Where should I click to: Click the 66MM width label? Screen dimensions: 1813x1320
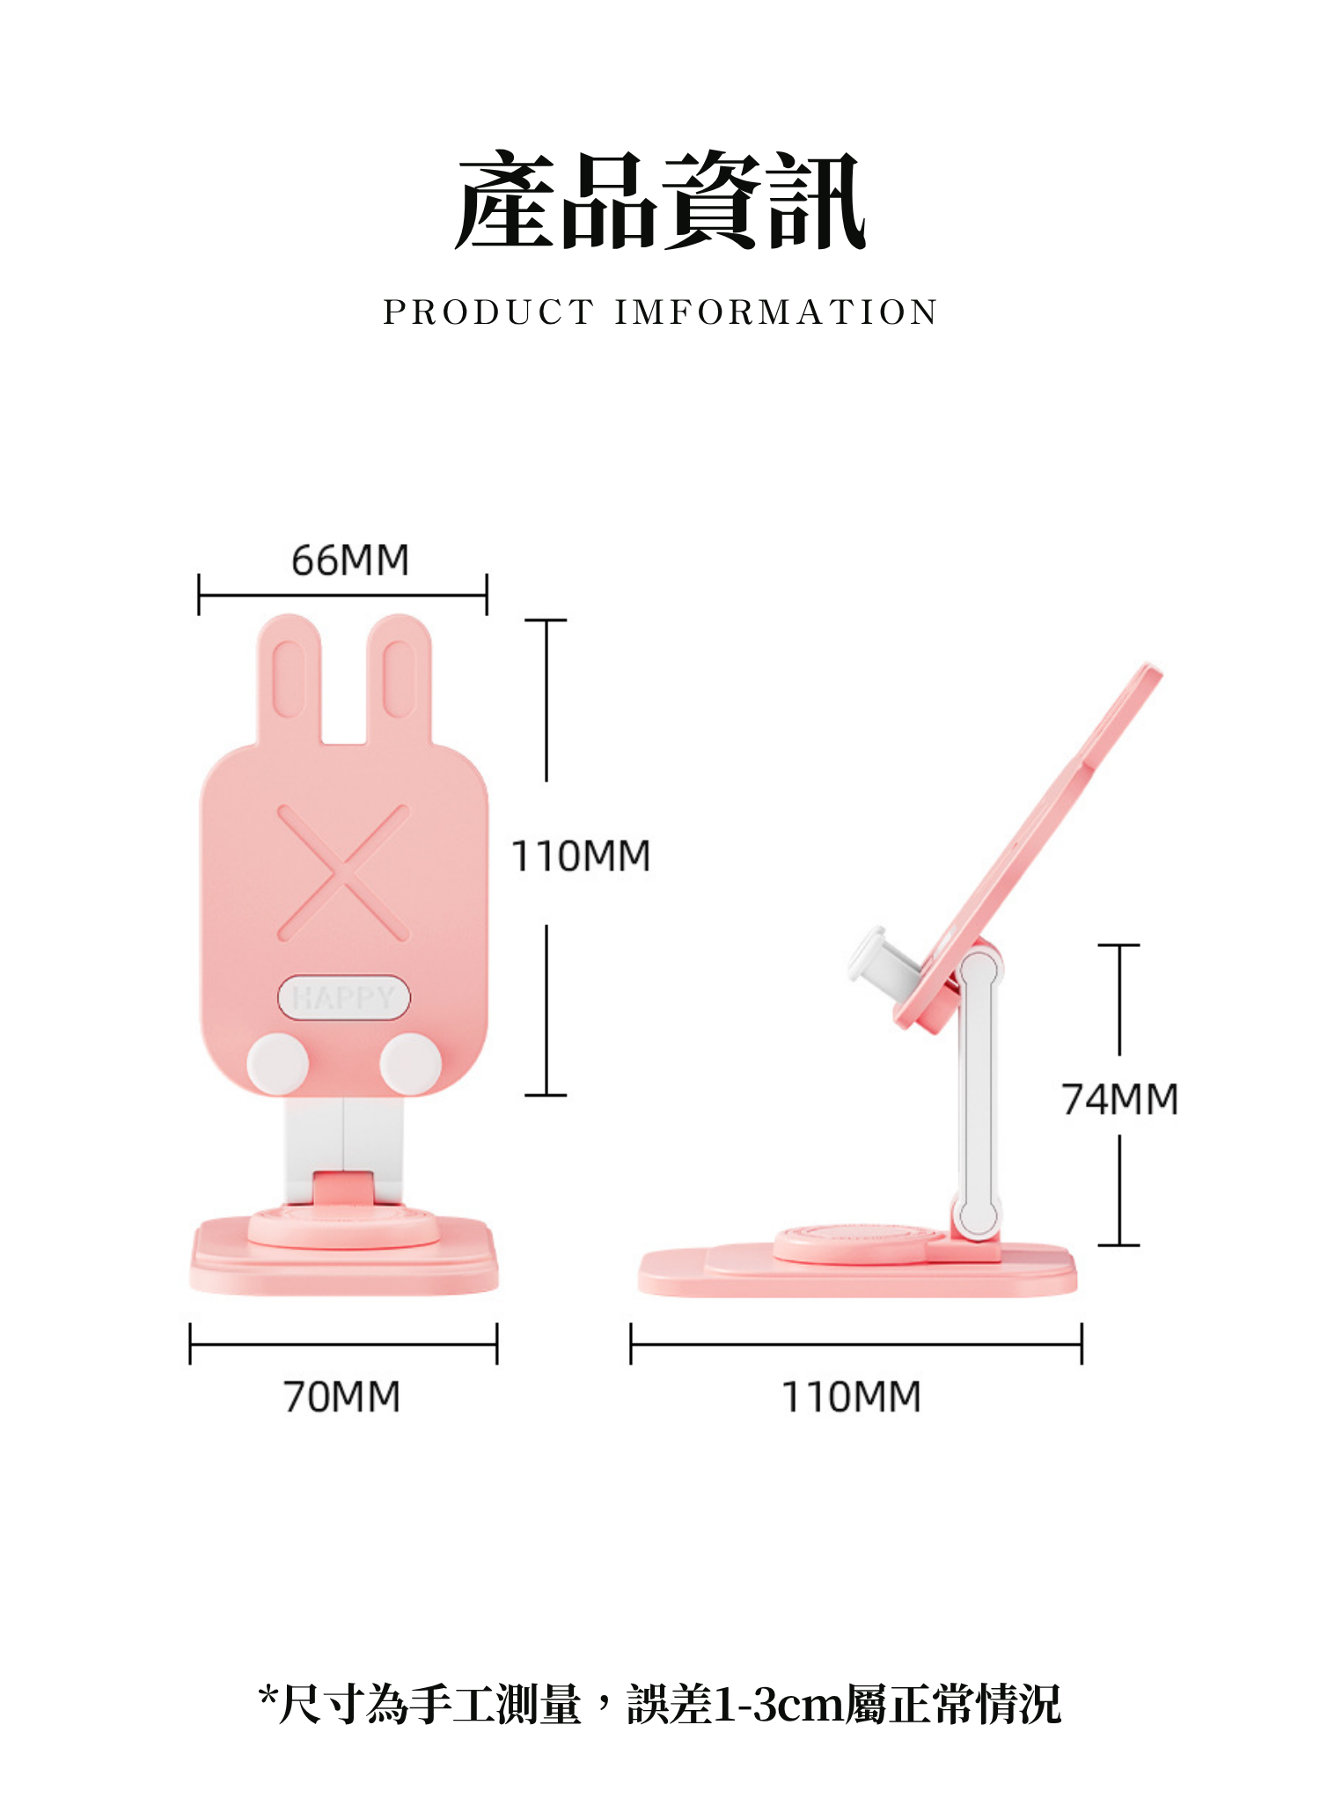pos(350,561)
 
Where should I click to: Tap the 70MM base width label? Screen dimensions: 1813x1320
pos(341,1397)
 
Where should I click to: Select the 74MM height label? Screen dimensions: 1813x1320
pos(1119,1099)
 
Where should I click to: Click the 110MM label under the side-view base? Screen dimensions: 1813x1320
pos(851,1397)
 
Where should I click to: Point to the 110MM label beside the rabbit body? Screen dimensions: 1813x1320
pos(581,856)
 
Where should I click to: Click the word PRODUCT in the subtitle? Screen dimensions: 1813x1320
pos(488,312)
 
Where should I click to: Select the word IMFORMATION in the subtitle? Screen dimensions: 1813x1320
pos(776,312)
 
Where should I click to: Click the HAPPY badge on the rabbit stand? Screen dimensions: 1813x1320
pos(343,997)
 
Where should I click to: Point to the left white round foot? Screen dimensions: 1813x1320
pos(277,1063)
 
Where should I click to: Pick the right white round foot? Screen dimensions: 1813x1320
pos(410,1063)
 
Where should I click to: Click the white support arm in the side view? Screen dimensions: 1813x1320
pos(978,1091)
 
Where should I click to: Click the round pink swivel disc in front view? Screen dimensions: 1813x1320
pos(343,1228)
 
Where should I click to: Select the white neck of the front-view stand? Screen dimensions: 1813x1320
pos(343,1135)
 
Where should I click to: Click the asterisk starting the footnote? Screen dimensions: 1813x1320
pos(268,1693)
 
